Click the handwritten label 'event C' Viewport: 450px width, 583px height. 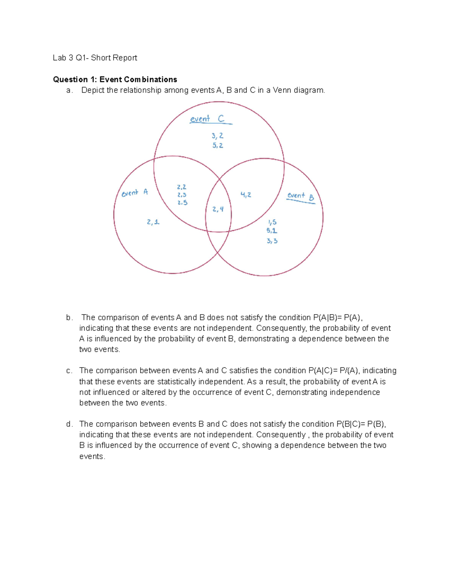click(x=207, y=119)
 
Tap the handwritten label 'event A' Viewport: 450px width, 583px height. click(x=135, y=193)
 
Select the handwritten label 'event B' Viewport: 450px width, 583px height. click(x=300, y=196)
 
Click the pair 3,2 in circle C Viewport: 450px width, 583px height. click(x=217, y=136)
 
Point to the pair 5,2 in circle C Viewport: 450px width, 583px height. click(x=217, y=145)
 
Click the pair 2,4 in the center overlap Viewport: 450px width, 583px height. click(x=218, y=209)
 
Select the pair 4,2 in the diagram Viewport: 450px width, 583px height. click(x=246, y=194)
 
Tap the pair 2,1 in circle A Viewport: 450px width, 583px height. click(x=153, y=222)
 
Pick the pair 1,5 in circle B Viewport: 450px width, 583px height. click(x=272, y=222)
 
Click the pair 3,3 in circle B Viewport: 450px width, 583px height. click(x=272, y=241)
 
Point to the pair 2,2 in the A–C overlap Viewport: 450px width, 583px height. click(x=181, y=187)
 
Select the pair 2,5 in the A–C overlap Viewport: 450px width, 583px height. click(x=182, y=202)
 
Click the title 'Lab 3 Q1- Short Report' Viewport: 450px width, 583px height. click(x=95, y=58)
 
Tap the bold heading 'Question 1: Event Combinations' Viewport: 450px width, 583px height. click(x=115, y=79)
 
